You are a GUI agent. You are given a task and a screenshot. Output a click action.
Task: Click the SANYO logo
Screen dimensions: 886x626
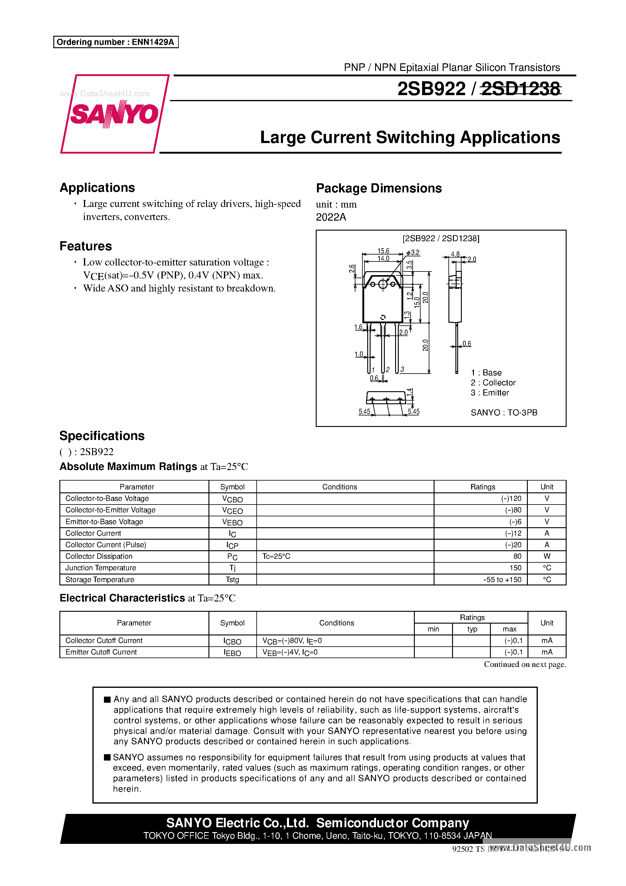tap(114, 114)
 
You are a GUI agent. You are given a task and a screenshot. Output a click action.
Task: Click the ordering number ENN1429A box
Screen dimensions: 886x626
tap(116, 42)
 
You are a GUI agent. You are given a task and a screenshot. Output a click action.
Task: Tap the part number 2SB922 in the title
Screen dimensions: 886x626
tap(431, 89)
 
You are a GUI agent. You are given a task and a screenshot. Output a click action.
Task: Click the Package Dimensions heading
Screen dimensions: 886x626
tap(379, 188)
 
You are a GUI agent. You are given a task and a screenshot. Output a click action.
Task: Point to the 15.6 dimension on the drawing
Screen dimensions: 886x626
tap(383, 251)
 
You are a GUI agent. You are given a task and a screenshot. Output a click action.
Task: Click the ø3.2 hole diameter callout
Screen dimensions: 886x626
tap(413, 252)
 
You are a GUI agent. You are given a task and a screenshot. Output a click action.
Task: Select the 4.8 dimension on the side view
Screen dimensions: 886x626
tap(455, 254)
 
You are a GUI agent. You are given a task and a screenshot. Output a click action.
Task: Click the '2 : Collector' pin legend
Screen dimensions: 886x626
tap(493, 382)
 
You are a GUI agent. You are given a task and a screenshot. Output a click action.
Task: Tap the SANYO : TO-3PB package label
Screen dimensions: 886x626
tap(504, 412)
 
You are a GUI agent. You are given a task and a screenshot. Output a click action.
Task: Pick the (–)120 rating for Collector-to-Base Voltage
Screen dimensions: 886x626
tap(511, 498)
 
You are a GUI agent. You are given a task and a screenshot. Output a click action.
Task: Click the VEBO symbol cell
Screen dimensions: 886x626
tap(232, 522)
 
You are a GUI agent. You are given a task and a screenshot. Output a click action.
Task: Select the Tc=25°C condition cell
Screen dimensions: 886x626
tap(276, 556)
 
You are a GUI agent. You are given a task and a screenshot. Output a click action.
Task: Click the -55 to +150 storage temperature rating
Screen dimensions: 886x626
tap(502, 580)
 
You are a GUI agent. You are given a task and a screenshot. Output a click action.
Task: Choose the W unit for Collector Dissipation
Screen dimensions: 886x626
tap(547, 556)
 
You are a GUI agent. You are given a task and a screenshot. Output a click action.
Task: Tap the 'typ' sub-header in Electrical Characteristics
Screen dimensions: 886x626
tap(472, 629)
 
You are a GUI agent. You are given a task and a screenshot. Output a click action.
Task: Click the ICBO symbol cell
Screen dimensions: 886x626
tap(232, 641)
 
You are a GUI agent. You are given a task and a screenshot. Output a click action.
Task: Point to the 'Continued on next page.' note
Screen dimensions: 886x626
tap(524, 664)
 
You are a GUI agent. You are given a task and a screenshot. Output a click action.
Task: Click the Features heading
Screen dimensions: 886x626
tap(86, 246)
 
